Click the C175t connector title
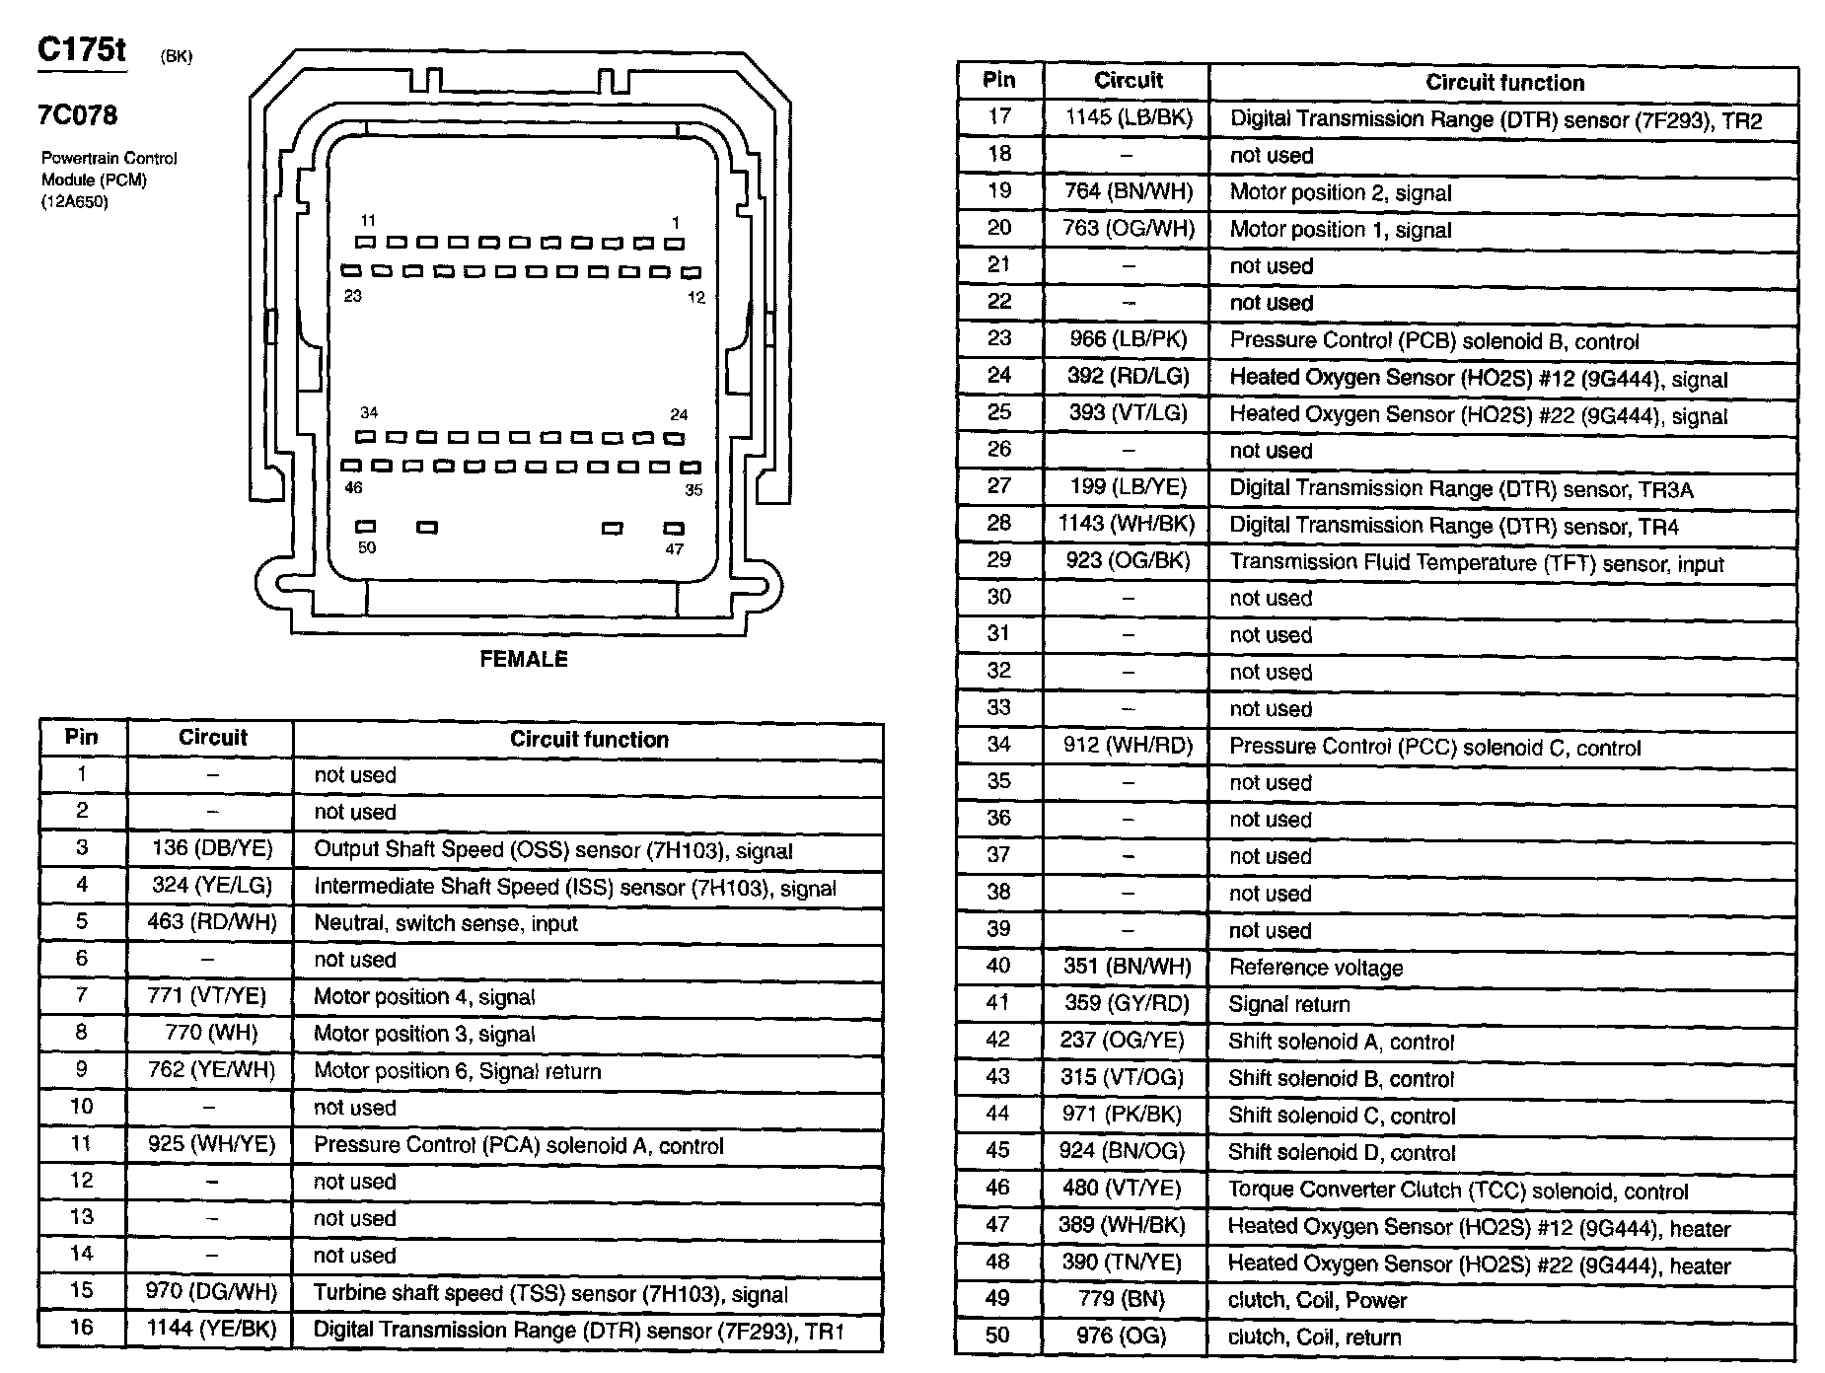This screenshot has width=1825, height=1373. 82,49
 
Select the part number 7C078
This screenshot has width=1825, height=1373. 77,115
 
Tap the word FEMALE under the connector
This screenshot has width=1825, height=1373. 524,659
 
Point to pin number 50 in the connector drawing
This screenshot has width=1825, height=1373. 367,547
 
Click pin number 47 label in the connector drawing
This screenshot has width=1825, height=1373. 674,548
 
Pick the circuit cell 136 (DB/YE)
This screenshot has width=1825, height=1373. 212,848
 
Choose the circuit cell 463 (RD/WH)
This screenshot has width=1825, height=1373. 212,922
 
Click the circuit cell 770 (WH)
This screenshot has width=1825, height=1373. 212,1033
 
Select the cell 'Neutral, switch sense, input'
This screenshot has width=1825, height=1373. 445,923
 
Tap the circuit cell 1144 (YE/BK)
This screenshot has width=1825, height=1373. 212,1329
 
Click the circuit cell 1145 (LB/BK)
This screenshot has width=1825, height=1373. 1129,118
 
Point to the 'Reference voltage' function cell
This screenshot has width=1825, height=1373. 1315,968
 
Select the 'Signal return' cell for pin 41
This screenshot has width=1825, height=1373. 1288,1004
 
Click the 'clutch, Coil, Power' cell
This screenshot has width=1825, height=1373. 1317,1300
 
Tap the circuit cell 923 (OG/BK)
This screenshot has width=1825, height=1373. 1128,561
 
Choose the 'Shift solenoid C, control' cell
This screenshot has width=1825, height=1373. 1341,1116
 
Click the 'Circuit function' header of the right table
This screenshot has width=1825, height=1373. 1504,83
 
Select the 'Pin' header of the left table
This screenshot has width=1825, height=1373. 82,737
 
